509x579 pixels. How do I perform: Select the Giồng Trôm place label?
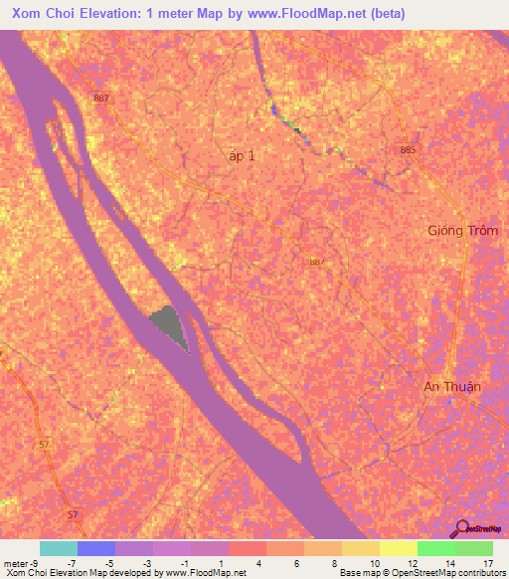click(463, 230)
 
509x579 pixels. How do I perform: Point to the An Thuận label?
click(452, 387)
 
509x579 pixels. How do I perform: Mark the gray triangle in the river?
click(170, 325)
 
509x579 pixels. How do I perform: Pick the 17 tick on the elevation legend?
click(488, 563)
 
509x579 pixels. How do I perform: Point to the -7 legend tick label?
click(72, 563)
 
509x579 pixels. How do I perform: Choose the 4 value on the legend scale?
click(258, 563)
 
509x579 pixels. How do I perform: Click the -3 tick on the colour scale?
click(146, 563)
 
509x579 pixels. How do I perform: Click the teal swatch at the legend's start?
click(59, 548)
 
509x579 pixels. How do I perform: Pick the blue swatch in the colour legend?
click(96, 548)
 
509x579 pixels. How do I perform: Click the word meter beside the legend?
click(17, 563)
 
